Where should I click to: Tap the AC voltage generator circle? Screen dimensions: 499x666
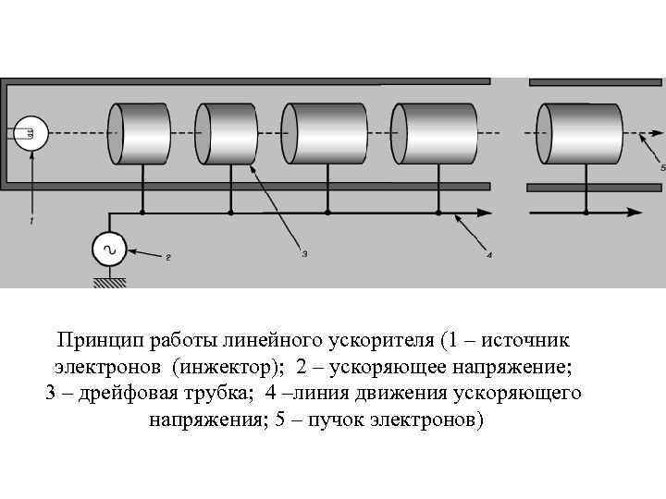click(x=109, y=249)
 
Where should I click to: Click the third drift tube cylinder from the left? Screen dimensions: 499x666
click(x=326, y=133)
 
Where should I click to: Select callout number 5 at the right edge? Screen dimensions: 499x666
click(x=662, y=167)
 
